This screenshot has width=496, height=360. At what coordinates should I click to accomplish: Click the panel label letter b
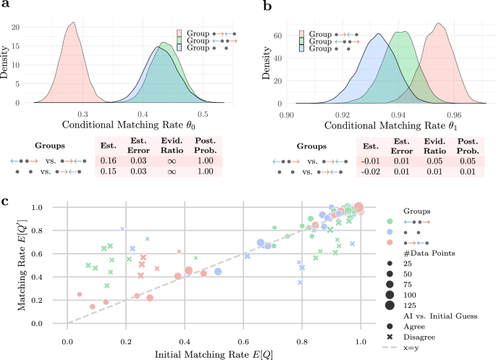click(x=266, y=7)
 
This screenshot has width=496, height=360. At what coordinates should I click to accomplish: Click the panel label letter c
click(x=6, y=197)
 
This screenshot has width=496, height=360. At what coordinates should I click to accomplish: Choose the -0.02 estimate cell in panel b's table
click(x=369, y=172)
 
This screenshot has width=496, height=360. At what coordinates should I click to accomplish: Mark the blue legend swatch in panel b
click(x=303, y=49)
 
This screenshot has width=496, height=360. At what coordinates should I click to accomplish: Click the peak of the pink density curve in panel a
click(x=72, y=22)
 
